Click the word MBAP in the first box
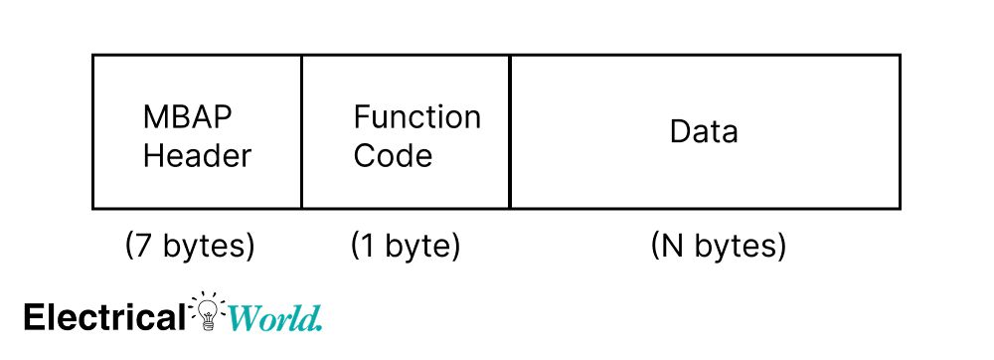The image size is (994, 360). [x=188, y=117]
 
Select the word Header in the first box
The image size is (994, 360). [x=197, y=156]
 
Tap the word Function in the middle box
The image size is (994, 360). [x=416, y=117]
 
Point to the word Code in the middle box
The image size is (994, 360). [x=393, y=156]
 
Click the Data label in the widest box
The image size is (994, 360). [x=704, y=131]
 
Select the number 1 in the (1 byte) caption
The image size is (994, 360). [x=370, y=246]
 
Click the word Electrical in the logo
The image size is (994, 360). [x=103, y=317]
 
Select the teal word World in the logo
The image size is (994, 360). [x=272, y=318]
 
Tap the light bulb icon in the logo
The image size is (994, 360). [x=208, y=311]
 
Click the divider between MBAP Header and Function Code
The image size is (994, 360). [x=301, y=131]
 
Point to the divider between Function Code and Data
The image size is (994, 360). [x=510, y=131]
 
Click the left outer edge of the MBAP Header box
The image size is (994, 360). [x=92, y=131]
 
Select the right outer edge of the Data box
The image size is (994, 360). [x=901, y=131]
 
